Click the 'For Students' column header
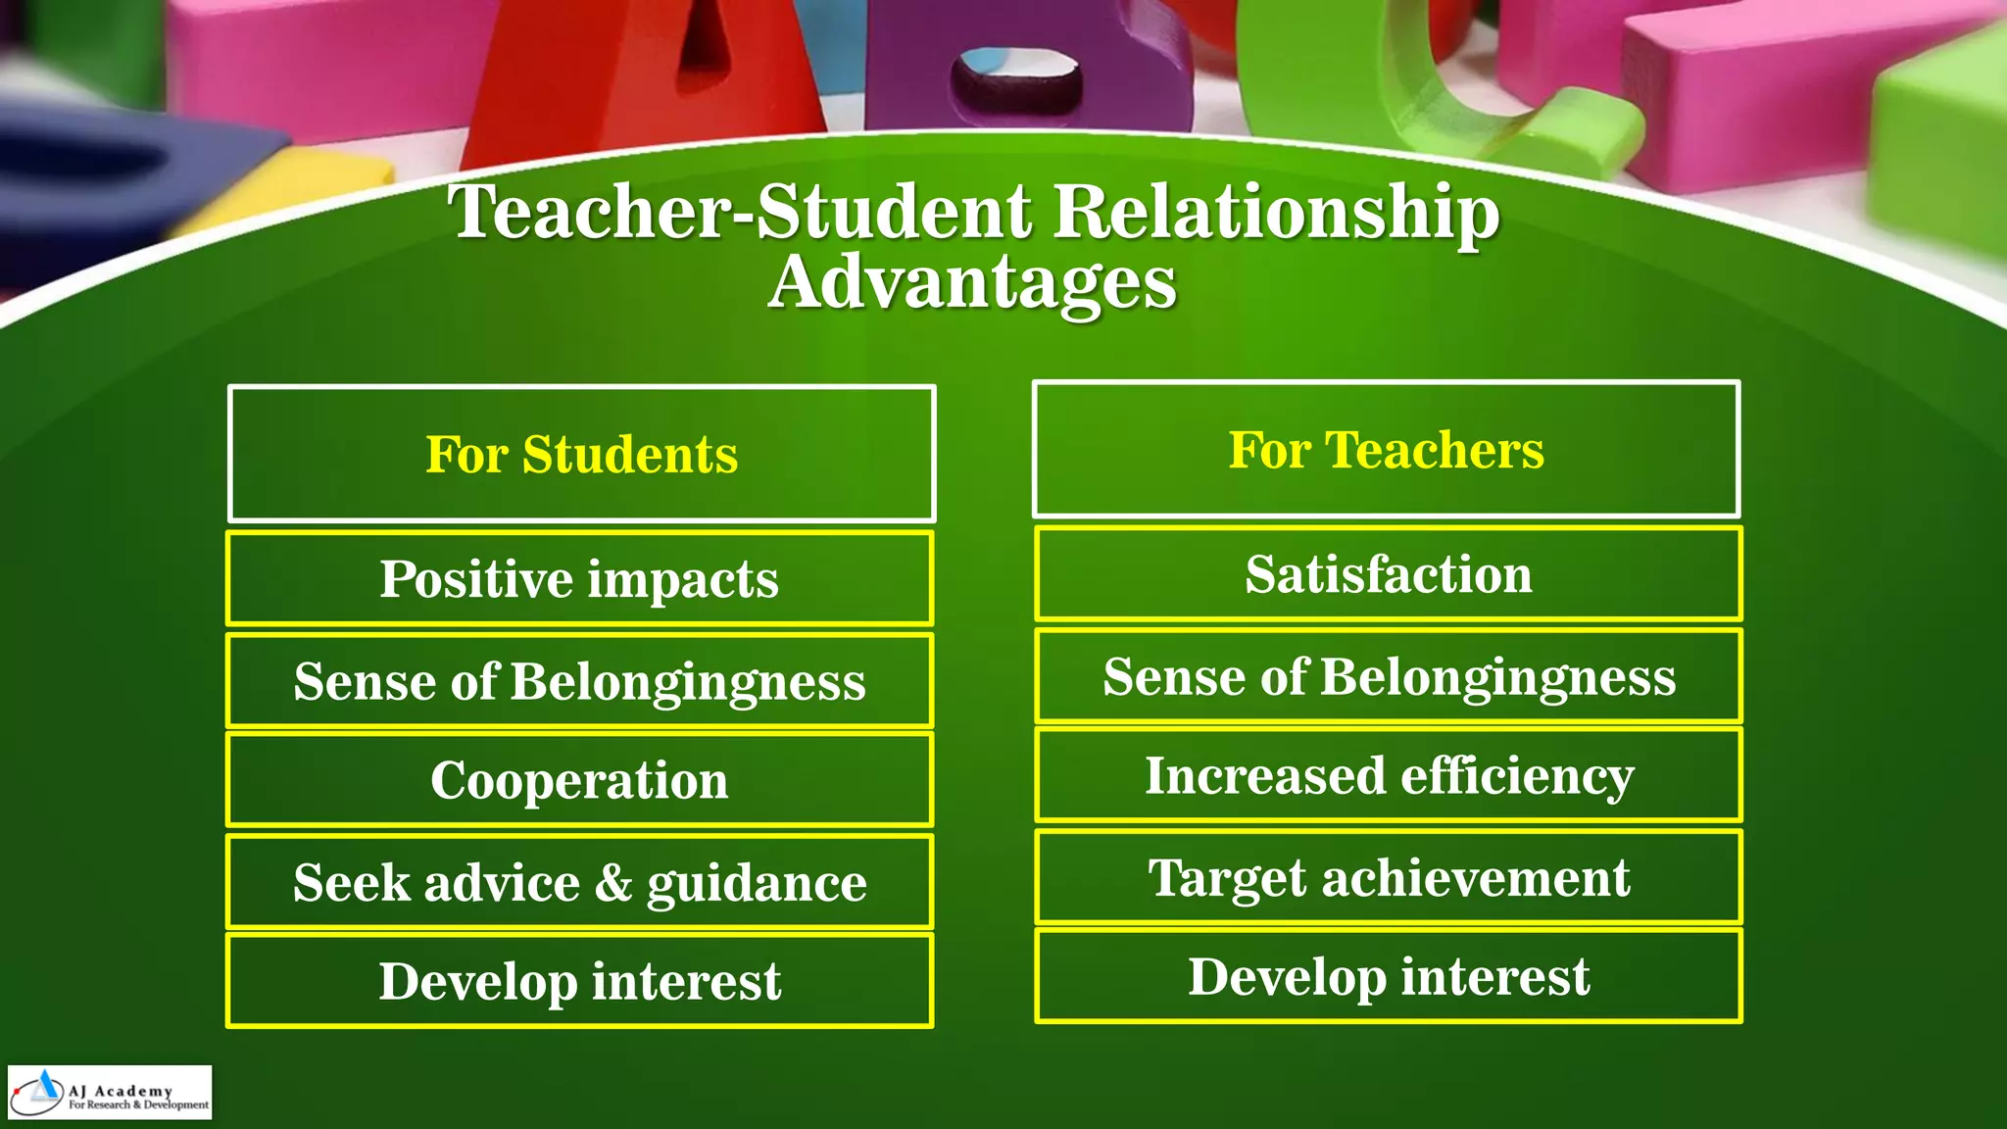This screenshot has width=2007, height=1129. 581,454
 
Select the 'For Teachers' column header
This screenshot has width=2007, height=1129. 1386,450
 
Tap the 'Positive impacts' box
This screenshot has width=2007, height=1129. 579,578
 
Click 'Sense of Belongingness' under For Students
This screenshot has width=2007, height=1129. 579,681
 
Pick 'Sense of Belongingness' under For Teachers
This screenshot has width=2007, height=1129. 1389,676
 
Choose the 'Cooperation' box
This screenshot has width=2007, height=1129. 579,780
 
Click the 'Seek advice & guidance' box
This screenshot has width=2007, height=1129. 579,882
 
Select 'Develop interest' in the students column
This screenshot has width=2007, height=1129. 579,981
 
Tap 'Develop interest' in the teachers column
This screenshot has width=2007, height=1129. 1389,976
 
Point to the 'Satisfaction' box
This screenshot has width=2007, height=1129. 1389,573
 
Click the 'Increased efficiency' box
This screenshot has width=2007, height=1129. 1389,775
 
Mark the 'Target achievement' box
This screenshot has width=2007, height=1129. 1389,877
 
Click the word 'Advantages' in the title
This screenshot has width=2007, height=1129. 972,282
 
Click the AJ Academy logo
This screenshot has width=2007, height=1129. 110,1093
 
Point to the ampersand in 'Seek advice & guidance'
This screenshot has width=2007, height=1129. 613,882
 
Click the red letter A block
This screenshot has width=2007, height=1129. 647,78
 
